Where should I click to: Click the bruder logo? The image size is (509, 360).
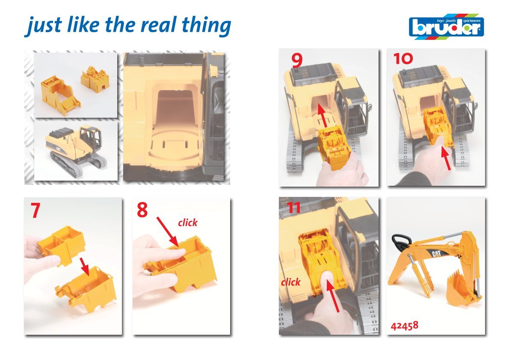447,27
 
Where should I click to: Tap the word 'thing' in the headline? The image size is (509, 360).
206,26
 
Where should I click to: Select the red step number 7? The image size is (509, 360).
36,210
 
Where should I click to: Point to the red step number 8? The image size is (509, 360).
142,210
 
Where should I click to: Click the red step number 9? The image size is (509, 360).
297,60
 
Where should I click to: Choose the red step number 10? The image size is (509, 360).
403,59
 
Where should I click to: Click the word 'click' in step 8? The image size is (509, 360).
188,223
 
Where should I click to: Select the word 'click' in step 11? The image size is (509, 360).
290,282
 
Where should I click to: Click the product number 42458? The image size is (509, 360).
405,325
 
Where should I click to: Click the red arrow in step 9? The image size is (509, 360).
322,115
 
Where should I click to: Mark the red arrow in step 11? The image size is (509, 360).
333,295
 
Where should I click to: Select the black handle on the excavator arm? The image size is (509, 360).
402,242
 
